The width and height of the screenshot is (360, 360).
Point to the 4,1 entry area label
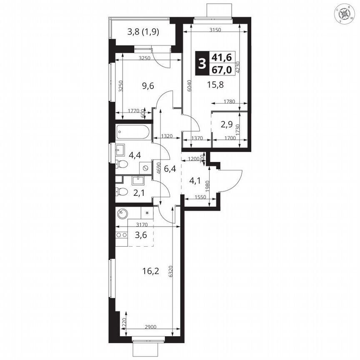coord(195,180)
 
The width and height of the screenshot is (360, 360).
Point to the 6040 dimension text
coord(189,86)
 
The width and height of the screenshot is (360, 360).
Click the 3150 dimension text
coord(215,30)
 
